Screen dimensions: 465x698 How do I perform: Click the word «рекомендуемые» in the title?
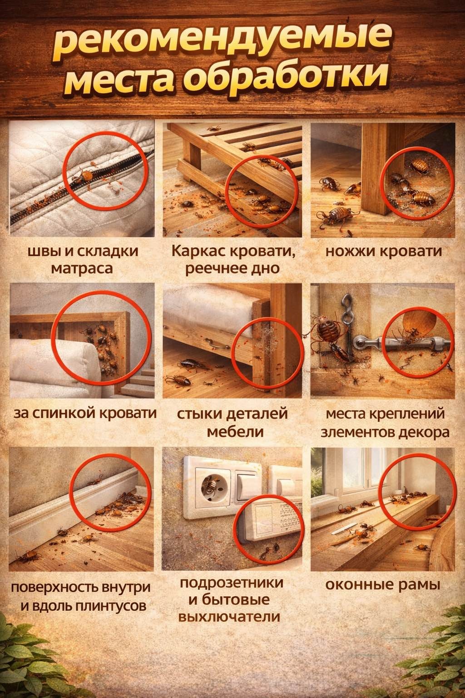point(222,43)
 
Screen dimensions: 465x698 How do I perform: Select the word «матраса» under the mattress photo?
point(82,269)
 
